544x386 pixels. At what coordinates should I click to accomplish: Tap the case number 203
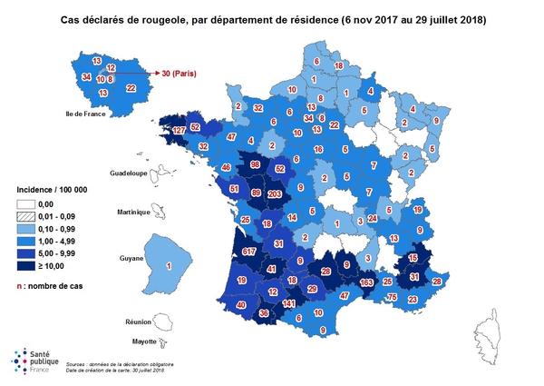pyautogui.click(x=275, y=193)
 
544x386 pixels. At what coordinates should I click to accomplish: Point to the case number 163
pyautogui.click(x=368, y=282)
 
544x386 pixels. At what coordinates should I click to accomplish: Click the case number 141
pyautogui.click(x=289, y=303)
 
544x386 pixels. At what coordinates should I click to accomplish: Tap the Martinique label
pyautogui.click(x=127, y=213)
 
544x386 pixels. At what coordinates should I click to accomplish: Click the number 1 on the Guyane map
pyautogui.click(x=170, y=266)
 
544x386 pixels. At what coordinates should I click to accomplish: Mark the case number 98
pyautogui.click(x=256, y=164)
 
